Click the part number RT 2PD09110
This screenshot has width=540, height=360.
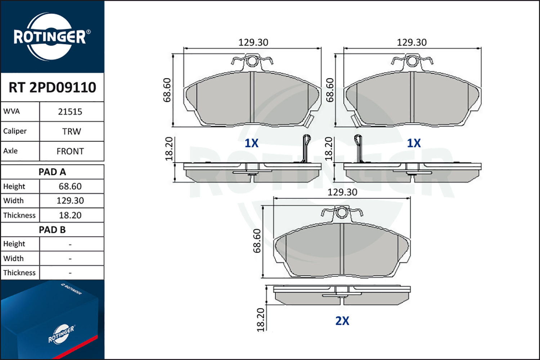click(52, 87)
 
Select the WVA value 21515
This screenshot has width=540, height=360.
click(70, 112)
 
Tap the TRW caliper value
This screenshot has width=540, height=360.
click(72, 131)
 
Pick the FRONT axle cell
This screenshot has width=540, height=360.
click(70, 151)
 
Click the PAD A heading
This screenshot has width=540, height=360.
click(52, 172)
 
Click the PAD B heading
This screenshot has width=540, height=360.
click(52, 230)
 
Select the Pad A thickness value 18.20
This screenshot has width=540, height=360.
click(70, 215)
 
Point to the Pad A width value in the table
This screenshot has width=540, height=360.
click(70, 201)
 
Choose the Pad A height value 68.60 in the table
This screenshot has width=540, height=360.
click(70, 186)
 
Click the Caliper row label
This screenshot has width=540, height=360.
click(15, 131)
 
